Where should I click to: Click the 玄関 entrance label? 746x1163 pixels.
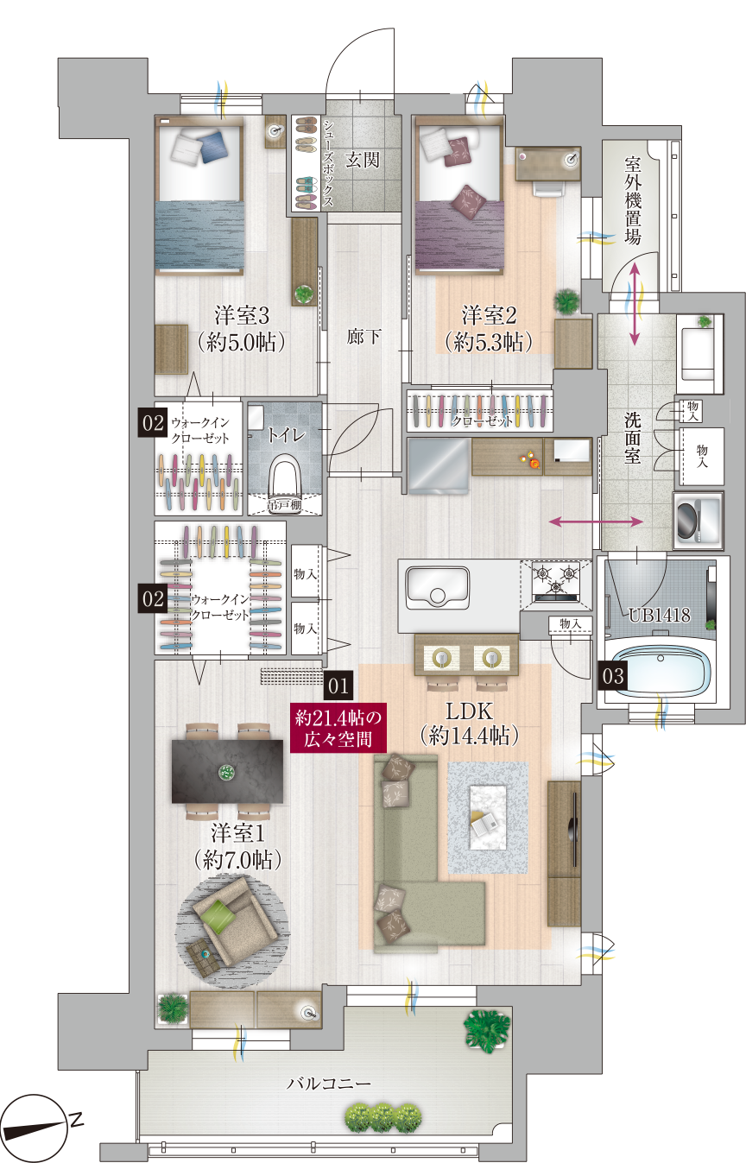click(x=363, y=160)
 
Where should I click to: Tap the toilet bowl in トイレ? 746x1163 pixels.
click(x=284, y=480)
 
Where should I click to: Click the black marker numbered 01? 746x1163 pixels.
click(x=338, y=686)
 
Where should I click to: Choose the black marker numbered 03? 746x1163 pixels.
click(x=612, y=676)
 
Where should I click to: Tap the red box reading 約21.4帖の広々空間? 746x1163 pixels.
click(x=338, y=728)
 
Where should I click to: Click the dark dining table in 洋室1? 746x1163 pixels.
click(x=227, y=772)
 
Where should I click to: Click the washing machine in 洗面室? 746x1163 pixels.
click(x=698, y=521)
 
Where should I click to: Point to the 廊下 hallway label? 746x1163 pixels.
click(x=364, y=338)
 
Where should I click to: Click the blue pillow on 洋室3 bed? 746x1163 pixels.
click(x=212, y=147)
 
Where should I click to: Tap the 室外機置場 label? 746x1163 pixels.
click(x=632, y=200)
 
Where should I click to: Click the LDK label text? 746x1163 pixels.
click(x=469, y=711)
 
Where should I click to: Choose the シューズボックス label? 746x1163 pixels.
click(x=328, y=163)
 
